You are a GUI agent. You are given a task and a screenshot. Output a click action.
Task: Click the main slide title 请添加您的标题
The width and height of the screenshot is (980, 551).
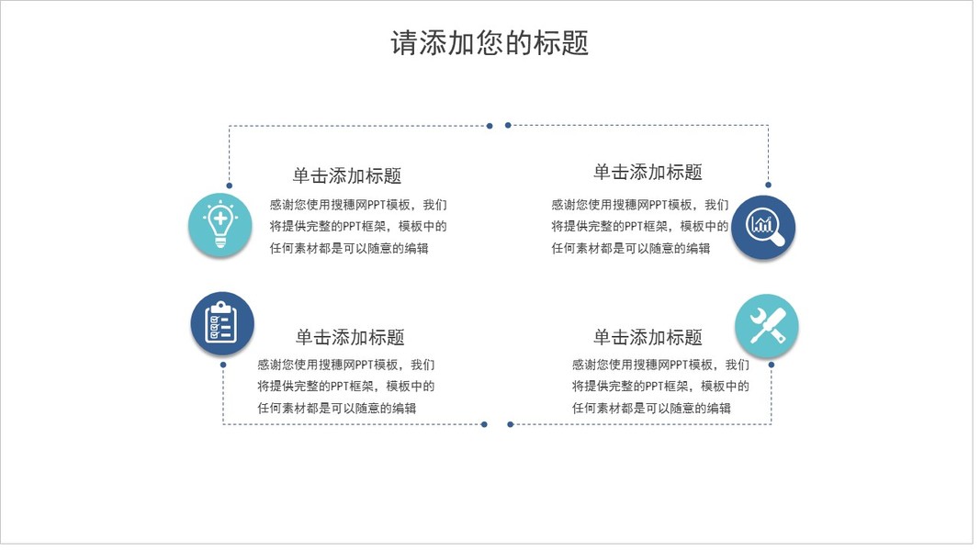(490, 42)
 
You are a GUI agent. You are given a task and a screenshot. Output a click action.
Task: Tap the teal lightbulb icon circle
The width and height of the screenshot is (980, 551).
(220, 225)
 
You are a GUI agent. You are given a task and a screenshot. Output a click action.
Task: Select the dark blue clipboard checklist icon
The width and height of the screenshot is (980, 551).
(221, 323)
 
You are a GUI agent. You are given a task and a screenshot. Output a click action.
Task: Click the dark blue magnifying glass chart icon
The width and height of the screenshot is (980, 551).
(763, 227)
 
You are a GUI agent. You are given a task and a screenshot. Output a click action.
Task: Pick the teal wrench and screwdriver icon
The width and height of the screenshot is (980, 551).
(767, 326)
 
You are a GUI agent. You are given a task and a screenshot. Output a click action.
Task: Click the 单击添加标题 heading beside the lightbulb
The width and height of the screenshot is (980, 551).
(347, 176)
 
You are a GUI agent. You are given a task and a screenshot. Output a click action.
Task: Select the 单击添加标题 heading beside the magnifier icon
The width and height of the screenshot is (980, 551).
(648, 172)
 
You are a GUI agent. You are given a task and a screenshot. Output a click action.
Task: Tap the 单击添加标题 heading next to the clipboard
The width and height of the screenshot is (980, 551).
(350, 337)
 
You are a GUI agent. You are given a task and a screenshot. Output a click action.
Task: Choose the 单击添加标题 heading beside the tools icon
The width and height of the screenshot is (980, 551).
(648, 337)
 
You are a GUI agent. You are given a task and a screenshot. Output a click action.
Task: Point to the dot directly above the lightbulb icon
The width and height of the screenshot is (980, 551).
(229, 186)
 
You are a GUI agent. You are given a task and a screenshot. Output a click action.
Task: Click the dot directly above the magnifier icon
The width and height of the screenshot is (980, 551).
(768, 185)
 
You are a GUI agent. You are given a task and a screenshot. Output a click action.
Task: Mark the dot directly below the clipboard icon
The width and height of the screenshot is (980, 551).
(223, 365)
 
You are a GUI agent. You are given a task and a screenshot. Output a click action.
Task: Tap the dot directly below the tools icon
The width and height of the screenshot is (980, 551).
(772, 365)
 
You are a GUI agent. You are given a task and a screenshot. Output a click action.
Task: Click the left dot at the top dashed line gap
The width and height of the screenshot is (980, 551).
(490, 126)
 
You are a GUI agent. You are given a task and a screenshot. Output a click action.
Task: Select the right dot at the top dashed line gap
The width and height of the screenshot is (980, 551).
(508, 126)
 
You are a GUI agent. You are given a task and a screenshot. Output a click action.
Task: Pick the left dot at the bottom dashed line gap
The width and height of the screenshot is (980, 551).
(484, 424)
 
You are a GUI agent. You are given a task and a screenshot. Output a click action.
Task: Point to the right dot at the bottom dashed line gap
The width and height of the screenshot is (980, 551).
(511, 424)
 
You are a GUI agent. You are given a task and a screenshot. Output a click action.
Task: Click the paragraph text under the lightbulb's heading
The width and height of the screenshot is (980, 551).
(358, 227)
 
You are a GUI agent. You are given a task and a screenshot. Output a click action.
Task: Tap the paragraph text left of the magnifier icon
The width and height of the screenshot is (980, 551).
(639, 227)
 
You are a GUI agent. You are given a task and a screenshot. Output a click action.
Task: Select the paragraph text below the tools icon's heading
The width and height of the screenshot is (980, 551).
(660, 387)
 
